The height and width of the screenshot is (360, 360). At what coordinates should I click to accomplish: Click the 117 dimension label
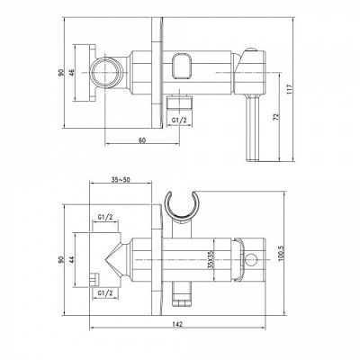[x=289, y=89]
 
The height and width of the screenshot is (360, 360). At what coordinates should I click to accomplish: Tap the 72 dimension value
[x=276, y=117]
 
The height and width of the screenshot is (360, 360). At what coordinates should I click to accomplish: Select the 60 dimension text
[x=142, y=140]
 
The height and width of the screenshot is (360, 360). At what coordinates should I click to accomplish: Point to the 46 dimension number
[x=72, y=73]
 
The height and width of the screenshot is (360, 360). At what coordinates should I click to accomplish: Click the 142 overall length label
[x=178, y=324]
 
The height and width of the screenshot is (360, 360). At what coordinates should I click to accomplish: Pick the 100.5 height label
[x=281, y=254]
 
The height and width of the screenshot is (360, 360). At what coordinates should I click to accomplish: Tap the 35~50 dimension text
[x=121, y=180]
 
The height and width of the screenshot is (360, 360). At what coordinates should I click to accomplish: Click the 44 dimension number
[x=71, y=260]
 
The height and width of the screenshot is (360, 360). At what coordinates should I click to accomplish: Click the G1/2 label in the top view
[x=179, y=120]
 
